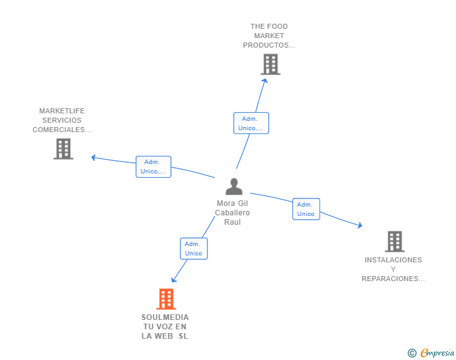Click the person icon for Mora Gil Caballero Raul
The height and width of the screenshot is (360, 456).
pyautogui.click(x=234, y=187)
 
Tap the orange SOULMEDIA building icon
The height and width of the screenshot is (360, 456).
pyautogui.click(x=167, y=299)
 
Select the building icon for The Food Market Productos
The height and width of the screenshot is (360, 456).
pyautogui.click(x=271, y=64)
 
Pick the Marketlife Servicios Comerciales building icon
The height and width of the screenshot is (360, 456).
pyautogui.click(x=63, y=149)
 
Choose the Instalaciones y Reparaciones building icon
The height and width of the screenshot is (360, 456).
pyautogui.click(x=395, y=242)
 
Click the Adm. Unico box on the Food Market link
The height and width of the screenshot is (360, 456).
pyautogui.click(x=251, y=123)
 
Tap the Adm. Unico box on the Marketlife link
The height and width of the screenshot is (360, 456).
pyautogui.click(x=153, y=167)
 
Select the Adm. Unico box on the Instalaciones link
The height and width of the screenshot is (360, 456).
pyautogui.click(x=306, y=209)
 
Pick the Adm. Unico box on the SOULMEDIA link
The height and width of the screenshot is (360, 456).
pyautogui.click(x=194, y=249)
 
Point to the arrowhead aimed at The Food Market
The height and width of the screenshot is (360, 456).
pyautogui.click(x=265, y=80)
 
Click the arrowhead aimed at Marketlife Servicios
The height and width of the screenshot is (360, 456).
pyautogui.click(x=93, y=157)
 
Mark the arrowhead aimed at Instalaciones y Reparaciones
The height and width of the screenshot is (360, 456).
pyautogui.click(x=360, y=225)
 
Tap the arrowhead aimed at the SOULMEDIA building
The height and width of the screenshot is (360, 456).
pyautogui.click(x=174, y=280)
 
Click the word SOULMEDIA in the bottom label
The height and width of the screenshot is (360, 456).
pyautogui.click(x=165, y=317)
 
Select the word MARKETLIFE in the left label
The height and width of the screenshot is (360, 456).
pyautogui.click(x=62, y=111)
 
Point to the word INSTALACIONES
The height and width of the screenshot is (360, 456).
pyautogui.click(x=393, y=260)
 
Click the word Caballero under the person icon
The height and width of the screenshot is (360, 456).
pyautogui.click(x=232, y=213)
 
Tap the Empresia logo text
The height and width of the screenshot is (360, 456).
pyautogui.click(x=437, y=352)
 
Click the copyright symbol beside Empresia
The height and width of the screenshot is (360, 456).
pyautogui.click(x=412, y=352)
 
